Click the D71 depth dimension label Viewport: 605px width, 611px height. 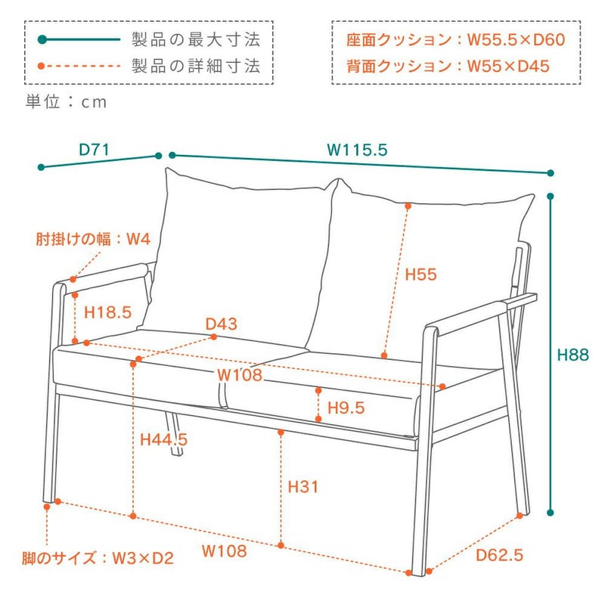(x=95, y=150)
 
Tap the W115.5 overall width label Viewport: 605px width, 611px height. (x=357, y=150)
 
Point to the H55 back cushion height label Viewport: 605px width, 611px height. (x=421, y=274)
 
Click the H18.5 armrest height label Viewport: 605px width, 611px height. (x=108, y=312)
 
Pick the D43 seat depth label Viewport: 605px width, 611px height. (x=222, y=324)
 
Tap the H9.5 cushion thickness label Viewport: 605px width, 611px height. (x=346, y=408)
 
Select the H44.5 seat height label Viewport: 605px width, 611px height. (x=164, y=439)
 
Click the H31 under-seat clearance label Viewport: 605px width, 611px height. (x=302, y=487)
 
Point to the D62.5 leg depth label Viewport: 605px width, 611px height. (x=499, y=556)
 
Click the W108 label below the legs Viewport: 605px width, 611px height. (x=224, y=551)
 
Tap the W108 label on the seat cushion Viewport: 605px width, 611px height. (x=239, y=374)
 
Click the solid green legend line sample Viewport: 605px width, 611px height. (x=79, y=39)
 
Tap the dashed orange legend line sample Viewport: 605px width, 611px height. (x=79, y=66)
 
